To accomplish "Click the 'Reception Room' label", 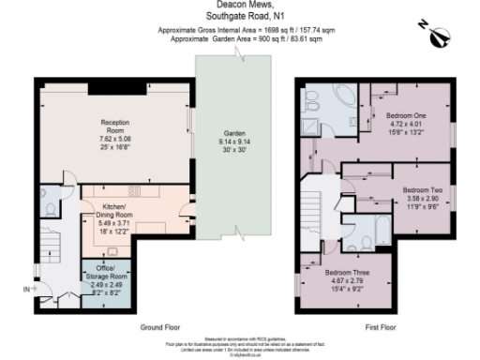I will [x=113, y=127].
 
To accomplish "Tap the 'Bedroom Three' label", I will [x=344, y=273].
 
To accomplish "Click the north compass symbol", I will [x=439, y=36].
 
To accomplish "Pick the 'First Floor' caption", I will [x=382, y=328].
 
